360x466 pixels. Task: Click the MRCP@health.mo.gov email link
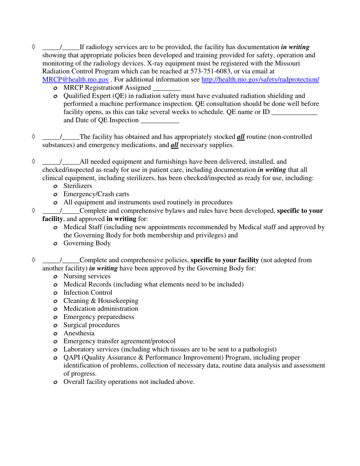coord(75,80)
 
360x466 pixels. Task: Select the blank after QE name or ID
coord(294,113)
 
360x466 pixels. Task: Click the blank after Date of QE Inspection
coord(159,120)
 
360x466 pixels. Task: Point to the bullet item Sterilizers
coord(77,186)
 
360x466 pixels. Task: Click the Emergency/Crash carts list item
coord(90,194)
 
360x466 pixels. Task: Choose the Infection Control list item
coord(88,292)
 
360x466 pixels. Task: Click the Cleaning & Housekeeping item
coord(100,301)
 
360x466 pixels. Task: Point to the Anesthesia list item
coord(79,333)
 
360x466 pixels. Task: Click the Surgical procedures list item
coord(91,325)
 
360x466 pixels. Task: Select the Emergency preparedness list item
coord(99,317)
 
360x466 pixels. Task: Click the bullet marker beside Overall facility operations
coord(55,382)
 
